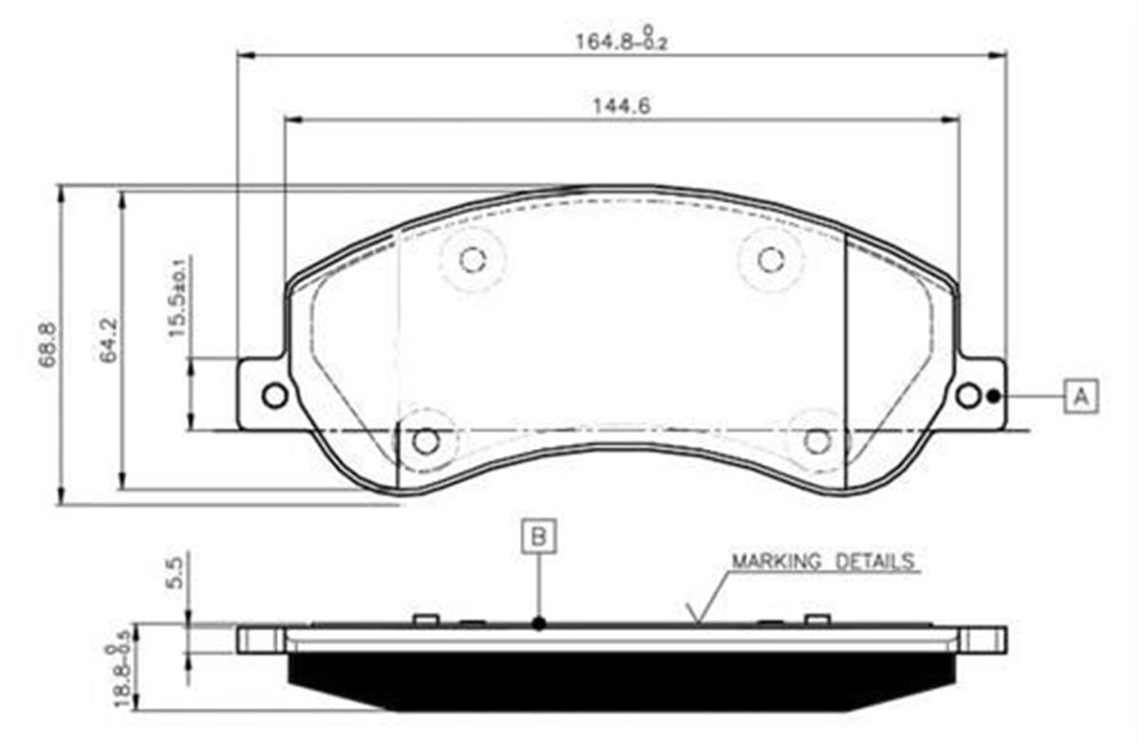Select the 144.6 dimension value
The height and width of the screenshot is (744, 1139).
[x=621, y=106]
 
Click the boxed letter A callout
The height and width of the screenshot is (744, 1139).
[x=1080, y=396]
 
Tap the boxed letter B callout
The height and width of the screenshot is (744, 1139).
[x=538, y=536]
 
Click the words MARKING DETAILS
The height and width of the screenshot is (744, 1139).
[x=822, y=561]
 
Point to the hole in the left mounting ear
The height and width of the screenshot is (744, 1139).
[x=274, y=396]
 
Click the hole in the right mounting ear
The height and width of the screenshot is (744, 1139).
[x=967, y=396]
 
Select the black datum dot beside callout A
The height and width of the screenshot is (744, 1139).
[x=993, y=396]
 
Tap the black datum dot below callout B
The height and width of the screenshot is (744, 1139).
[x=538, y=623]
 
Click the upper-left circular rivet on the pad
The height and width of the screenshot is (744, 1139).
[x=472, y=258]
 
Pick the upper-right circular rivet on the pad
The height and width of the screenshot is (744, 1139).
[x=770, y=258]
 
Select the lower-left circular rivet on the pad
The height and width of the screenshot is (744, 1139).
[x=425, y=440]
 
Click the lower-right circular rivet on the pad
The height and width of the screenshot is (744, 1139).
[x=817, y=440]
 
